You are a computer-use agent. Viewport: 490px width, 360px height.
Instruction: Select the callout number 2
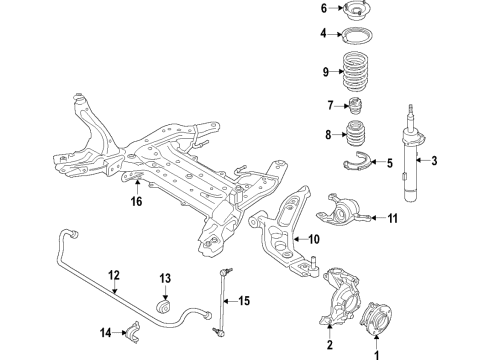tap(329, 345)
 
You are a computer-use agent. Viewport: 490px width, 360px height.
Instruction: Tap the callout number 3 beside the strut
tap(435, 160)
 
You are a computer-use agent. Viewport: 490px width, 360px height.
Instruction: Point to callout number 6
tap(324, 9)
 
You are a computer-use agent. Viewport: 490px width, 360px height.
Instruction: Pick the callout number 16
tap(136, 201)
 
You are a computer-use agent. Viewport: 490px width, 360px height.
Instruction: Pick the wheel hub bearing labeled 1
tap(377, 319)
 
